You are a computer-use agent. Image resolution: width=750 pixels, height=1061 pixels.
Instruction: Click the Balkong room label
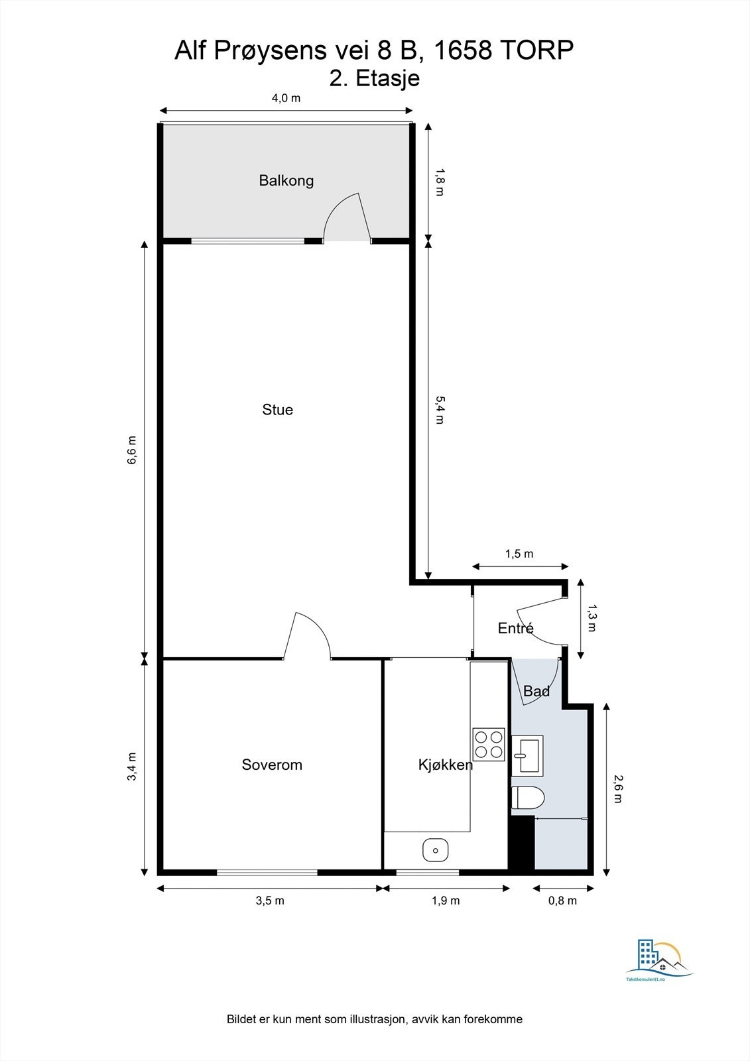pos(286,180)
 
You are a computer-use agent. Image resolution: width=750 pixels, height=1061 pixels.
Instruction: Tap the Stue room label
pos(277,410)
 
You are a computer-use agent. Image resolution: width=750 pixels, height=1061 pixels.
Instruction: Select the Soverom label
pos(272,765)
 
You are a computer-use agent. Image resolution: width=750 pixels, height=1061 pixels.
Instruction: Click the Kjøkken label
pos(445,765)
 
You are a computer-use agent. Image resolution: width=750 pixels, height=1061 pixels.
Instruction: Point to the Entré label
pos(515,628)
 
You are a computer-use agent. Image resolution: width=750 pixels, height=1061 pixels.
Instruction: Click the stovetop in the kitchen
pos(488,744)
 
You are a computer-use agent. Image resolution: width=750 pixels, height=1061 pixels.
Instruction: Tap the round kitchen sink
pos(435,849)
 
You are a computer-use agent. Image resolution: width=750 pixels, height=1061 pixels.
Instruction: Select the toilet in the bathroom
pos(528,798)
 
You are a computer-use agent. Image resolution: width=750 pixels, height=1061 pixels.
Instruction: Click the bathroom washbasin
pos(528,755)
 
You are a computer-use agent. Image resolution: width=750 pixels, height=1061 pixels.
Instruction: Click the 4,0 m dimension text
pos(286,98)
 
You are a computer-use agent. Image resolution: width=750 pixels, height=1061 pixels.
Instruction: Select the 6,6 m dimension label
pos(132,450)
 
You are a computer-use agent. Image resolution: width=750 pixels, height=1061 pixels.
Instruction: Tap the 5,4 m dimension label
pos(440,409)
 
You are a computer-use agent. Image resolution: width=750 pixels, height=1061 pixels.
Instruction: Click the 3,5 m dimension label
pos(270,900)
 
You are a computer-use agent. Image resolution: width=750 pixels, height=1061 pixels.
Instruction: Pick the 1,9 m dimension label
pos(446,900)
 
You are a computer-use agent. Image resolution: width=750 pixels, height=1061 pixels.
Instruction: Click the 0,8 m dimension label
pos(563,900)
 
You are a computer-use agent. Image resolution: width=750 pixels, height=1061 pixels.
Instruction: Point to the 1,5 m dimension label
pos(519,554)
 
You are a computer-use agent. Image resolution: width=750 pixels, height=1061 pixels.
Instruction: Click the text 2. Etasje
pos(375,78)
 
